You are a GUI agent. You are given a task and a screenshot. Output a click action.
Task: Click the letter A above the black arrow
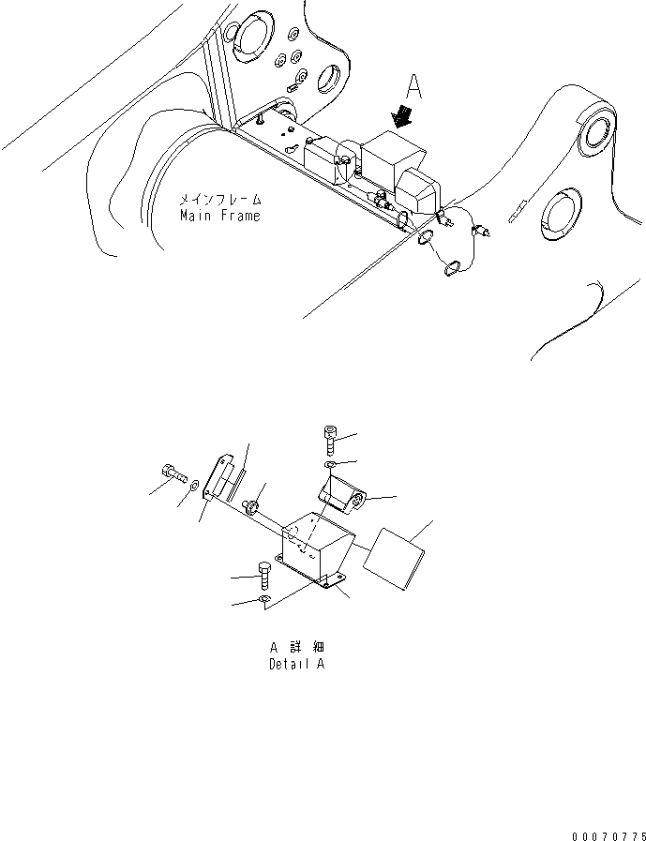(413, 88)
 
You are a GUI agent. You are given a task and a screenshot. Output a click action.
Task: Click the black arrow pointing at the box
(404, 117)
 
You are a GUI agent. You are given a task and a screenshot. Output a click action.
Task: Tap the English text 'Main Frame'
(219, 216)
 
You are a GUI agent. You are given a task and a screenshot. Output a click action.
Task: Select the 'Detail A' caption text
(296, 664)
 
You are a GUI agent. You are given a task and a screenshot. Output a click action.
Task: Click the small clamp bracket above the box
(343, 494)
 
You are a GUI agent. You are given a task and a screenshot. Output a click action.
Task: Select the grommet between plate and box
(252, 507)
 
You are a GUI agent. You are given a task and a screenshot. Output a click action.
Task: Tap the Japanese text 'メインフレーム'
(221, 200)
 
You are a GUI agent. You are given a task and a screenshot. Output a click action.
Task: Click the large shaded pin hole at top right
(595, 132)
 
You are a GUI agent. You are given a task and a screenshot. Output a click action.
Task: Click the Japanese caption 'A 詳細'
(296, 648)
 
